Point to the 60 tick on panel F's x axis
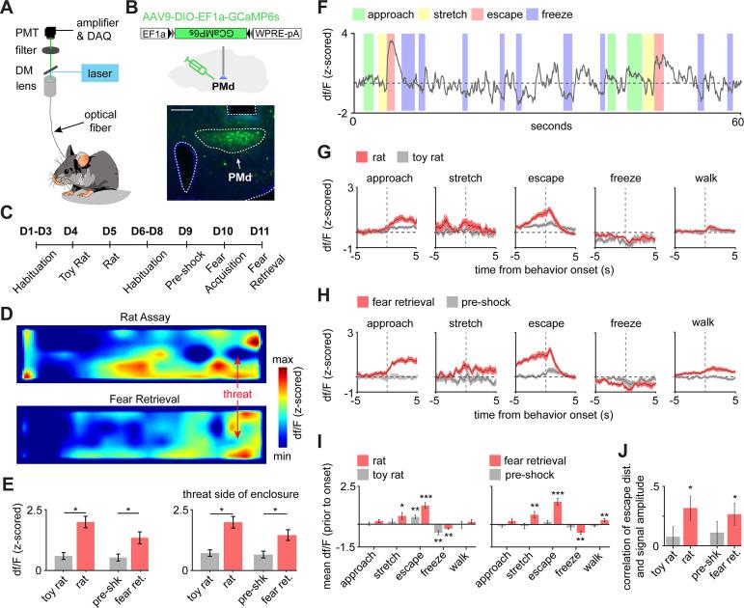pos(734,124)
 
